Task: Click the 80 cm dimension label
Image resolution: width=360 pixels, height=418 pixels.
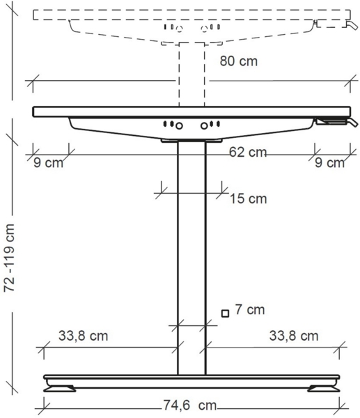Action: tap(239, 61)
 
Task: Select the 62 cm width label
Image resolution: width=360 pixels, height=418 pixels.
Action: tap(248, 152)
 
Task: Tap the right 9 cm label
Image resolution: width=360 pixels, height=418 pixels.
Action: tap(329, 164)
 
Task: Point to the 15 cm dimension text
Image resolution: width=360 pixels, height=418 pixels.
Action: tap(248, 199)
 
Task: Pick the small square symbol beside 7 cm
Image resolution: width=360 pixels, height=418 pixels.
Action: tap(225, 313)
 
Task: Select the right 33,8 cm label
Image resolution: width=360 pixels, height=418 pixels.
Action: tap(293, 336)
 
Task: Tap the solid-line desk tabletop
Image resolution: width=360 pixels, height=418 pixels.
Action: tap(188, 111)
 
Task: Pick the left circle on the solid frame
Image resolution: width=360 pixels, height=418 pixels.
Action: tap(179, 125)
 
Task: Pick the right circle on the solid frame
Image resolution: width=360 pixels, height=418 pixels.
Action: tap(205, 125)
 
